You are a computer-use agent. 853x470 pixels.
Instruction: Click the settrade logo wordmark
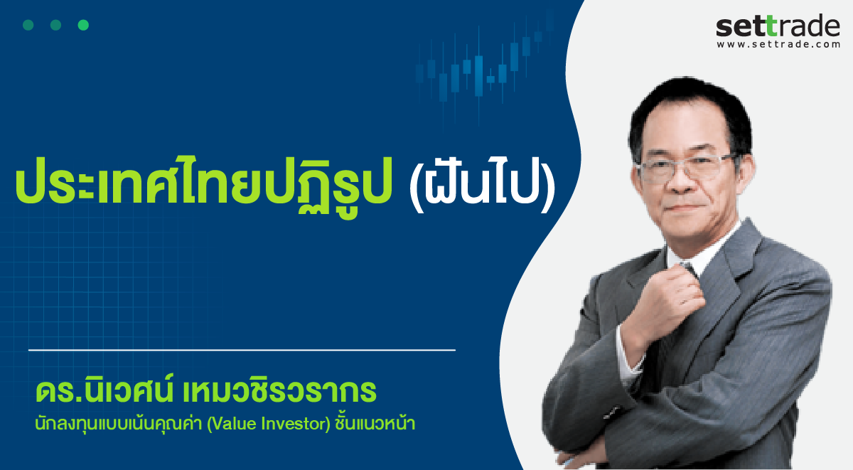pos(778,26)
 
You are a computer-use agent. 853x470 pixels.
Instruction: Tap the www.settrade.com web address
pos(778,44)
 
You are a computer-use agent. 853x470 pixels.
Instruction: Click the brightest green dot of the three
pos(83,25)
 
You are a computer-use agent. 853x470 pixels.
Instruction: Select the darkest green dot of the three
pos(28,25)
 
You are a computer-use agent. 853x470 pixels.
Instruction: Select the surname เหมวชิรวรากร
pos(280,390)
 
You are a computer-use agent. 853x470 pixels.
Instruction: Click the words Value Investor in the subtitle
pos(269,424)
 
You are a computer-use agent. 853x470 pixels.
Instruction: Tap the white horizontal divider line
pos(242,350)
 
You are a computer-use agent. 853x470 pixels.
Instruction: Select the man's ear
pos(744,171)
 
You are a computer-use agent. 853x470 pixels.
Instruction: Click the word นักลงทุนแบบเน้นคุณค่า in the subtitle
pos(119,424)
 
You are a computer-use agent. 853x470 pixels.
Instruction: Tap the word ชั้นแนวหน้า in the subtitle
pos(375,423)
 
